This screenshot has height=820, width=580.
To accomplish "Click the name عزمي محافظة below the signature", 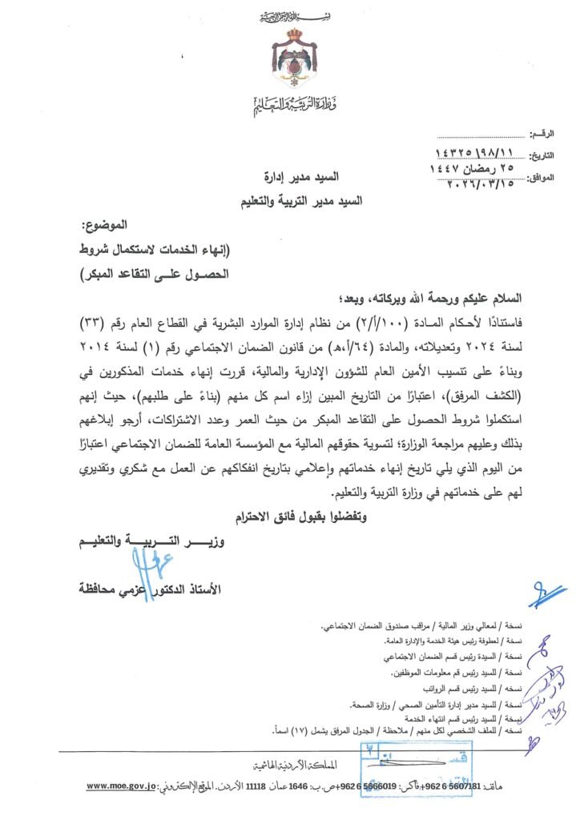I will (123, 589).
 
